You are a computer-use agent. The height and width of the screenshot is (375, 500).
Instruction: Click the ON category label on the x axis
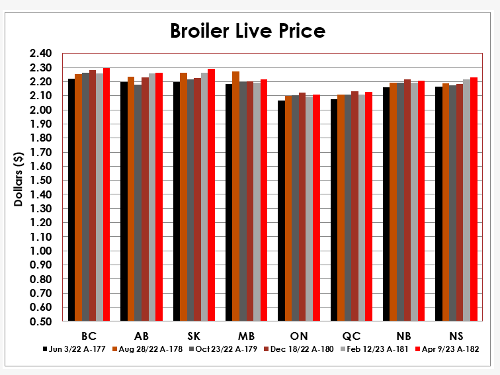(x=299, y=336)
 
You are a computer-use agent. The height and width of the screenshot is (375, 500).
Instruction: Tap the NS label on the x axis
(x=456, y=336)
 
